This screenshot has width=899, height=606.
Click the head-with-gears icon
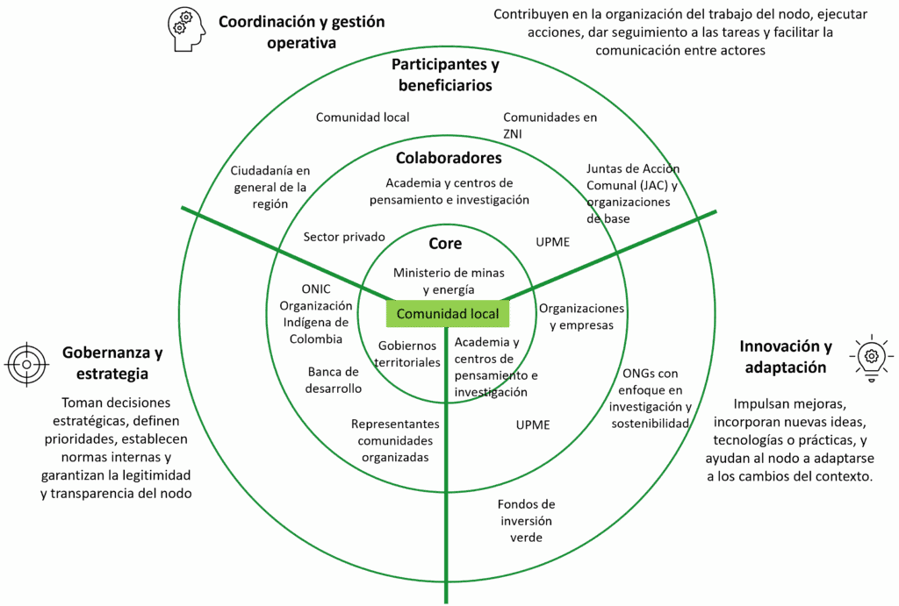(186, 29)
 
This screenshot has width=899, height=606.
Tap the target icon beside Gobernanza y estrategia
(27, 364)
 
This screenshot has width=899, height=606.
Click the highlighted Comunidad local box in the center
(448, 314)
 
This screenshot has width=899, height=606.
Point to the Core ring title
(445, 244)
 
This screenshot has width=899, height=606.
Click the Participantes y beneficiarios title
(445, 75)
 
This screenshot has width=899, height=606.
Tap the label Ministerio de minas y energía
(449, 281)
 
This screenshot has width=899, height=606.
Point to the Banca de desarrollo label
(334, 380)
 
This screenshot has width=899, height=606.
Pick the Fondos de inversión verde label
(526, 521)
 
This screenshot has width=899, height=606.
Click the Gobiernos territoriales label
(407, 354)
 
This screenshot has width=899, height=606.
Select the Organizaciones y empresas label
(581, 317)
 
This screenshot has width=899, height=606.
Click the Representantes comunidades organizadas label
(395, 440)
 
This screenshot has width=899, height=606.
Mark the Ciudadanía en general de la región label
(270, 186)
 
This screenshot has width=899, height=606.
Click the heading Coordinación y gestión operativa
(301, 32)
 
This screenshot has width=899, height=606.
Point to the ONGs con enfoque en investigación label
(651, 399)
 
